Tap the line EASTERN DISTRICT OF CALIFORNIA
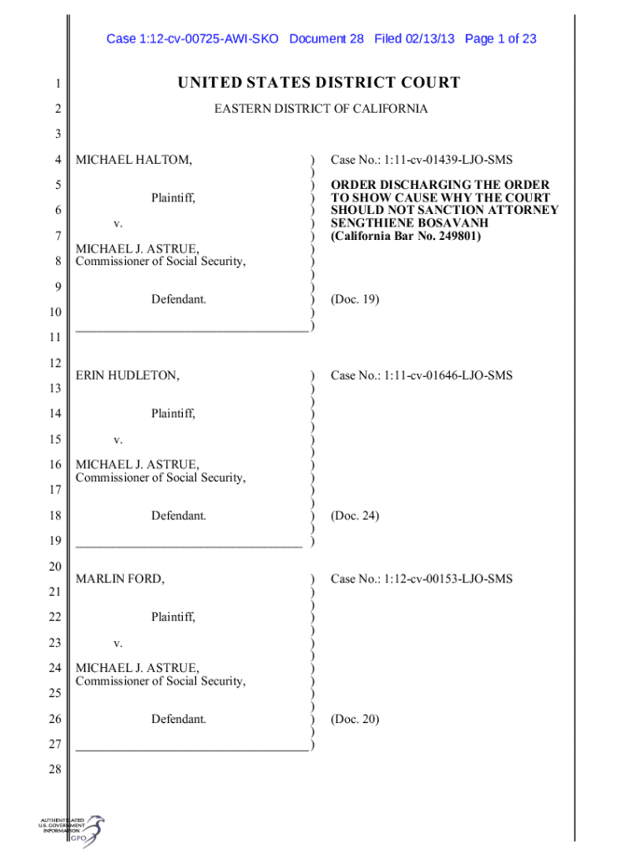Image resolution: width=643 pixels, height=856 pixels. [321, 109]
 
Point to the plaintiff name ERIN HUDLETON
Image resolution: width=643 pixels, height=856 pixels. [128, 375]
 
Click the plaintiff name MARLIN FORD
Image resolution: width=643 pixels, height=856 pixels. [120, 578]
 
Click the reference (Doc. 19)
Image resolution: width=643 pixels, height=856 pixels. [355, 298]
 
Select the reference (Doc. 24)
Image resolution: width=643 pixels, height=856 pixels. [355, 516]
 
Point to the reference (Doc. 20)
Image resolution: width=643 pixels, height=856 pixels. [355, 718]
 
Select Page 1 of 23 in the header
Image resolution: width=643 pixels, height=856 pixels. [500, 38]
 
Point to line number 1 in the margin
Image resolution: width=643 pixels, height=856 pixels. [54, 84]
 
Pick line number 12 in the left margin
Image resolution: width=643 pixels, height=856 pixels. [54, 363]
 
